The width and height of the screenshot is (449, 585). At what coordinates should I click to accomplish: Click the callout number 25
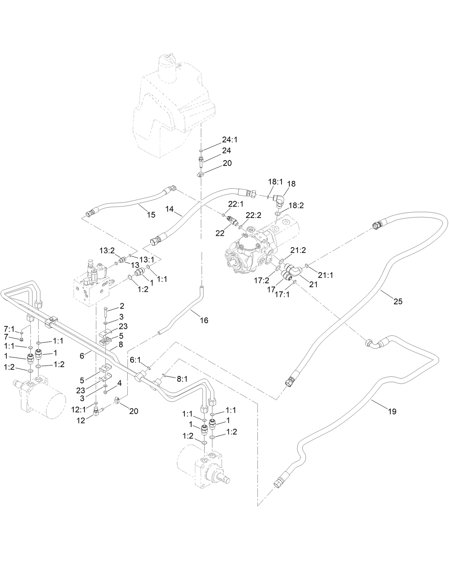[x=398, y=301]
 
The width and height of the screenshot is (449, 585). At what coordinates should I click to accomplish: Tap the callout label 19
[x=392, y=412]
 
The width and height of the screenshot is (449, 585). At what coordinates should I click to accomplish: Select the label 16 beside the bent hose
[x=204, y=320]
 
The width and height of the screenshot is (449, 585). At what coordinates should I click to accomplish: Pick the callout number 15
[x=151, y=215]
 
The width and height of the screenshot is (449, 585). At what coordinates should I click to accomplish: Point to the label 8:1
[x=182, y=379]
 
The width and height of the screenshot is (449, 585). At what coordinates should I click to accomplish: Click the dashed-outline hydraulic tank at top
[x=171, y=107]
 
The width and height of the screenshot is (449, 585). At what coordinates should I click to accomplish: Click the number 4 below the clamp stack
[x=120, y=384]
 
